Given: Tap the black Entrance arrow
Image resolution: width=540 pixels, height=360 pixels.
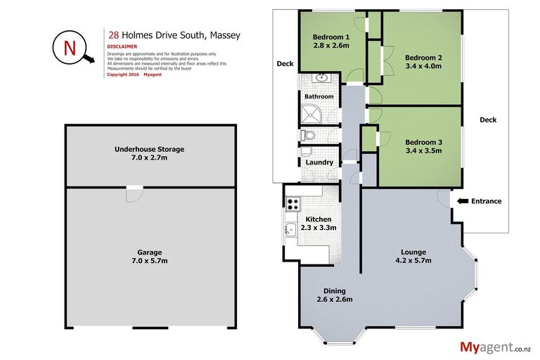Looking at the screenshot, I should click(462, 201).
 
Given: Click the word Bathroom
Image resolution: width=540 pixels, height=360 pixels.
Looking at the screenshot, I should click(319, 96).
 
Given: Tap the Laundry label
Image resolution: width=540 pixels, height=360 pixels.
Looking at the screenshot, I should click(319, 162).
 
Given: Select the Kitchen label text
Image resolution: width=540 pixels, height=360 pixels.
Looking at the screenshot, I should click(318, 219).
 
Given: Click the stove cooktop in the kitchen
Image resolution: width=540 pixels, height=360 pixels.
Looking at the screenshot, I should click(292, 203).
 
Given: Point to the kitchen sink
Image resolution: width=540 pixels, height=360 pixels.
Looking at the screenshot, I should click(290, 229).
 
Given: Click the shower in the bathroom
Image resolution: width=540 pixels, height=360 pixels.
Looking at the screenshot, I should click(310, 114).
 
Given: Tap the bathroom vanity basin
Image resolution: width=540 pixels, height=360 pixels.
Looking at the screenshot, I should click(323, 78).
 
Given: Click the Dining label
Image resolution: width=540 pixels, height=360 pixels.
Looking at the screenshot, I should click(334, 291).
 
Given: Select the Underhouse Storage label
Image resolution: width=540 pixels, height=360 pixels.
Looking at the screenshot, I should click(150, 149).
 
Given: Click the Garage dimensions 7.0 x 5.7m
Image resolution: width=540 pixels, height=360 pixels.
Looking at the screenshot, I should click(150, 261).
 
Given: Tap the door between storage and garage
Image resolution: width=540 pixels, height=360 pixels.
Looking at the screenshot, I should click(133, 193).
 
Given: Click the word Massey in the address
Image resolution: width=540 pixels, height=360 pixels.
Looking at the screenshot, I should click(226, 34).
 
